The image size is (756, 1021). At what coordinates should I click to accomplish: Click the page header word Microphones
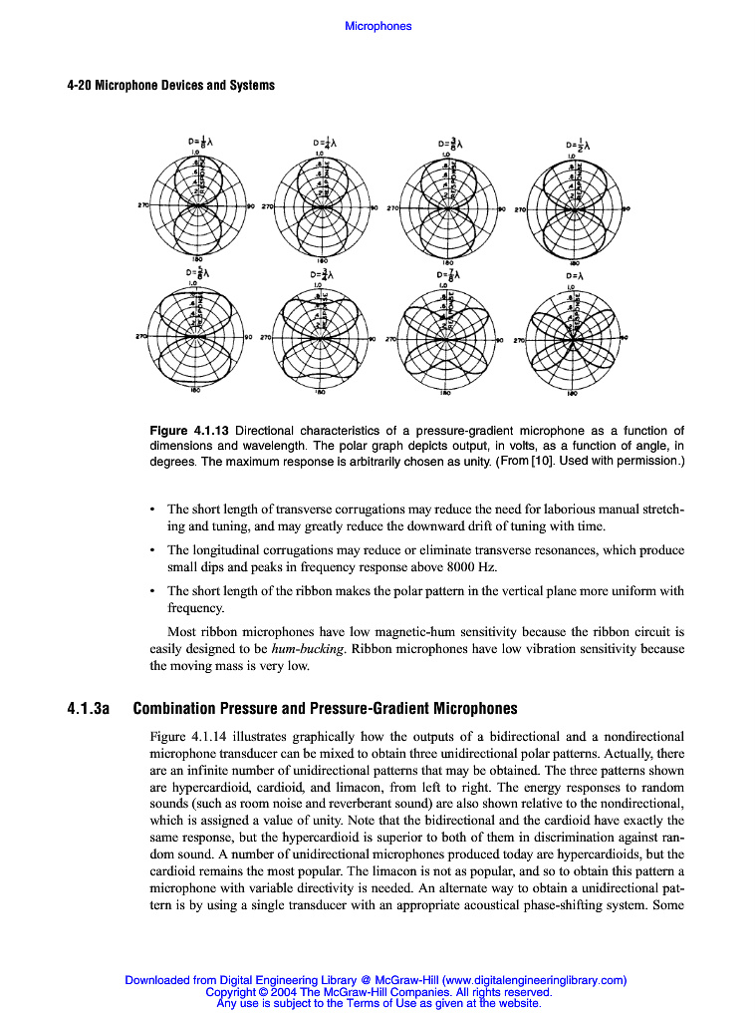(378, 26)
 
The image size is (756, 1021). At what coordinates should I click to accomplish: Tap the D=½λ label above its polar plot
(577, 144)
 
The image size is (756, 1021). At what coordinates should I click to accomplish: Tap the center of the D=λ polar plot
(574, 339)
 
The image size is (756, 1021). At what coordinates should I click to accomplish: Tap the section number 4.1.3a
(87, 709)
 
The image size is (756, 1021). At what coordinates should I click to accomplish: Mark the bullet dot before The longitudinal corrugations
(151, 550)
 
